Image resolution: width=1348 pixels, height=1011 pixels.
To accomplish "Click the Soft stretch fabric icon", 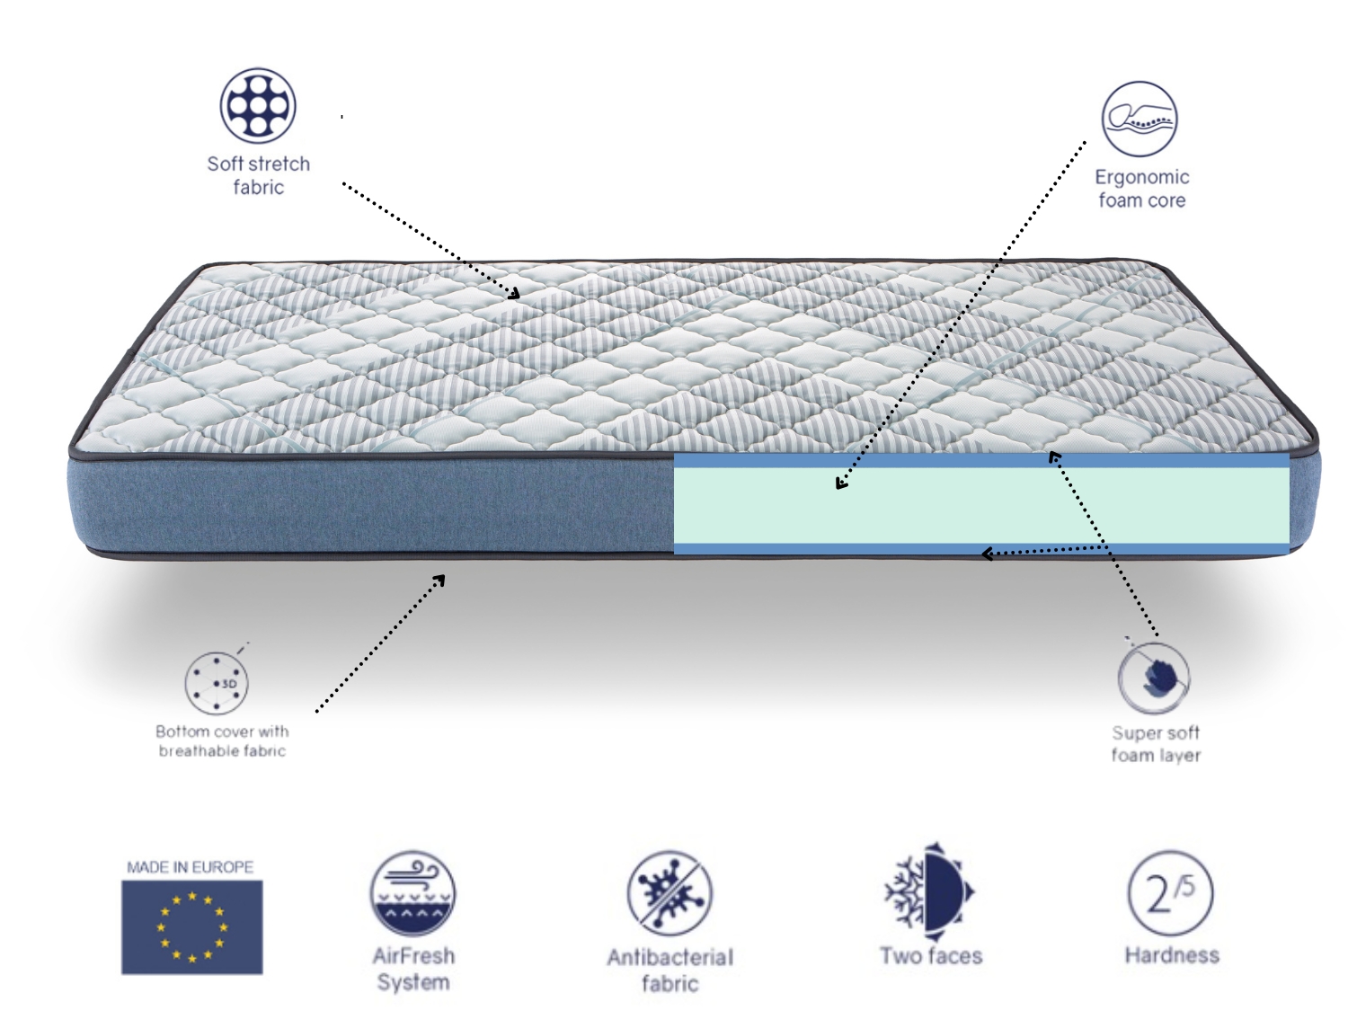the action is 257,105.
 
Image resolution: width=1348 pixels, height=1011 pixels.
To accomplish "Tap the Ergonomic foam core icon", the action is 1140,119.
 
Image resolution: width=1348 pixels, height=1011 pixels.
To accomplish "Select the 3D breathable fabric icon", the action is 217,683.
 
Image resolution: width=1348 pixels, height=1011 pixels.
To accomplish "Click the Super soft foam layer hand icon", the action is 1153,678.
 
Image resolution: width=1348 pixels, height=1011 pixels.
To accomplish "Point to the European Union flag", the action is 192,927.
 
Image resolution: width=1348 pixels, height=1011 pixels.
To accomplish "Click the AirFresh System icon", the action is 412,893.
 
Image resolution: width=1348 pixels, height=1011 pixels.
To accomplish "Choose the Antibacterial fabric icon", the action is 670,893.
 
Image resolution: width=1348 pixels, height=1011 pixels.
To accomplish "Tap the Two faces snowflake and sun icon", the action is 929,891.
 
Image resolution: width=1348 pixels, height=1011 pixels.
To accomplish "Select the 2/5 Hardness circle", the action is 1171,893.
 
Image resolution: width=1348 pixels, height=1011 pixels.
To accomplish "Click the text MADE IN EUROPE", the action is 191,866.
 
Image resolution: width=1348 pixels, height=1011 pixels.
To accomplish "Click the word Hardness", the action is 1172,955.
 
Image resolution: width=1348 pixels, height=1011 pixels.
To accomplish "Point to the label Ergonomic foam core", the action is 1141,189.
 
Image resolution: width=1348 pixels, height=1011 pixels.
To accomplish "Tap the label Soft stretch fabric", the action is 259,175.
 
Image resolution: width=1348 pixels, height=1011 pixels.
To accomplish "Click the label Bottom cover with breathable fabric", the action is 222,741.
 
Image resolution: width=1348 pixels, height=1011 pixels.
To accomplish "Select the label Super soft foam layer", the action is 1156,743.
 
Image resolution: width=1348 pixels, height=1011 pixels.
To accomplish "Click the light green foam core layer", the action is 981,505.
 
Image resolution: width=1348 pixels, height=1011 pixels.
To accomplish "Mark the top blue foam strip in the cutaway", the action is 981,460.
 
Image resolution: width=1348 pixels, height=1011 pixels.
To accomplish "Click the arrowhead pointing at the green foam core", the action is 841,483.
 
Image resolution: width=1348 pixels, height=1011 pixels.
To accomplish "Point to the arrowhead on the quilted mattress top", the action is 515,294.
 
